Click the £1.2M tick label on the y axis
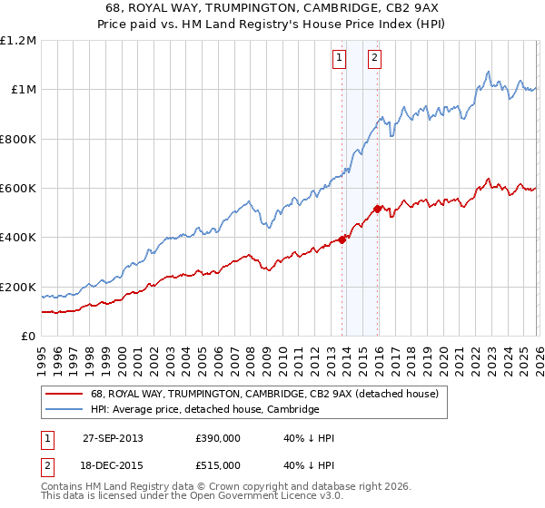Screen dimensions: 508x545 point(18,41)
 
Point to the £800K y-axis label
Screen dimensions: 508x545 point(18,140)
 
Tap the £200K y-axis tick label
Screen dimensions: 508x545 point(18,288)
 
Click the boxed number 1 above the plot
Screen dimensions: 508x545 point(339,58)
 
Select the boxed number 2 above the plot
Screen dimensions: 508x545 point(374,58)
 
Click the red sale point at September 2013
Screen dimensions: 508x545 point(342,240)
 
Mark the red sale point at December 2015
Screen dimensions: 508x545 point(378,210)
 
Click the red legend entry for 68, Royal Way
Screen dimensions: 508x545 point(264,394)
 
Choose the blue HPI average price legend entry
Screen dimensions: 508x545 point(204,409)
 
